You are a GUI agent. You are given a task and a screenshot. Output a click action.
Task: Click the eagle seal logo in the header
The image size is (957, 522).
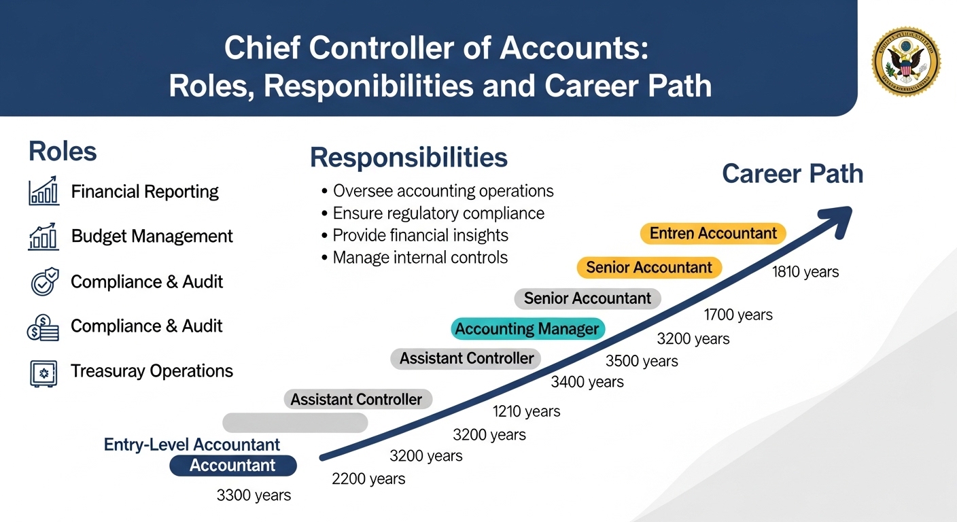click(906, 62)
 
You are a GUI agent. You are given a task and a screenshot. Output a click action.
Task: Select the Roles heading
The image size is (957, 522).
click(63, 152)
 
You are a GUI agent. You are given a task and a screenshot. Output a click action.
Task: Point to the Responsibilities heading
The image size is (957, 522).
click(408, 158)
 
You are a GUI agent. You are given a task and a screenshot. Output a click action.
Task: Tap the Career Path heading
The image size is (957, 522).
click(792, 174)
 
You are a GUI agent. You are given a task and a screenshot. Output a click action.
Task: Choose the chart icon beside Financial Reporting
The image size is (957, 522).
click(44, 192)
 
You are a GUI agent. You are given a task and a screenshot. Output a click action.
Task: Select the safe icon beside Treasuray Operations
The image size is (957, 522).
click(44, 372)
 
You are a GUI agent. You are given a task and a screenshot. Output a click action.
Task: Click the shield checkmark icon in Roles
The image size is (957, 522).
click(44, 282)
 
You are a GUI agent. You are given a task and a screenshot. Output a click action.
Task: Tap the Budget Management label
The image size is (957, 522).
click(152, 237)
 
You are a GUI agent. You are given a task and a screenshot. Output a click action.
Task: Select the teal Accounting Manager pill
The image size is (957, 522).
click(527, 330)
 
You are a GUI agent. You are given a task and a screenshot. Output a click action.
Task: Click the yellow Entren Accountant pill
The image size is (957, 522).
click(712, 234)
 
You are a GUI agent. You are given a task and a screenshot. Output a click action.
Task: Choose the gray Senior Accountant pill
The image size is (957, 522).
click(587, 298)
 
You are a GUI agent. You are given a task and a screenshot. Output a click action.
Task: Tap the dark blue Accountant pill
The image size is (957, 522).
click(232, 466)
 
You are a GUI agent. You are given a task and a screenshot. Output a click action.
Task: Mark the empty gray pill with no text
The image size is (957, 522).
click(295, 423)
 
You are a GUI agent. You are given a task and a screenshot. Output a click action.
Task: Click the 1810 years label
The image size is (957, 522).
click(805, 273)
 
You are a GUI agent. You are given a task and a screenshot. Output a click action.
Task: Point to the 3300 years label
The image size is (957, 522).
click(254, 495)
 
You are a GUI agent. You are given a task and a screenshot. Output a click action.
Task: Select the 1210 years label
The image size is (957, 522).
click(526, 411)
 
